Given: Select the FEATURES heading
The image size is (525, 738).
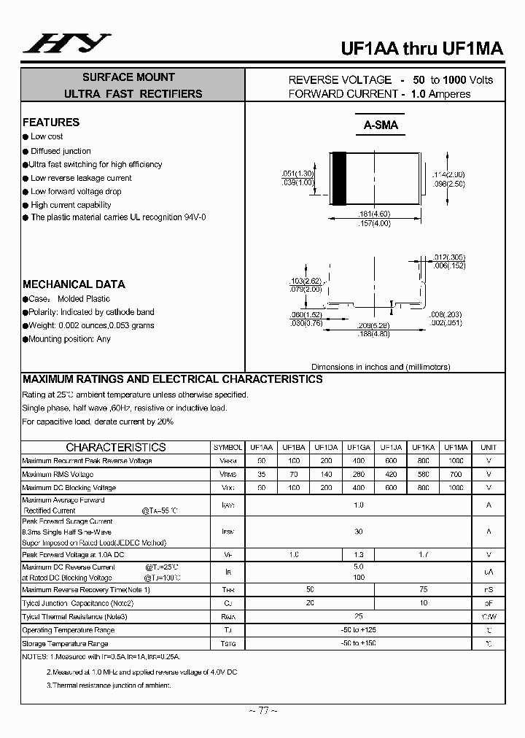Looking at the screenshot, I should (x=51, y=123).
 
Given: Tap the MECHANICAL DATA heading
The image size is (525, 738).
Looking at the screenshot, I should (x=74, y=284).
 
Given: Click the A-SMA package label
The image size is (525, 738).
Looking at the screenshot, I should (x=381, y=125).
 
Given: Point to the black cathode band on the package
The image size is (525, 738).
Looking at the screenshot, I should (x=338, y=179).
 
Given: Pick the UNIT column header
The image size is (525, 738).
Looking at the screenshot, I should (x=489, y=447).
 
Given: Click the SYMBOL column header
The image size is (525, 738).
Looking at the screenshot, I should (x=227, y=447).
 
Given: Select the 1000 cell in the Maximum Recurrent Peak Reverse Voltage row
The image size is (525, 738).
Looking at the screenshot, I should (x=456, y=461).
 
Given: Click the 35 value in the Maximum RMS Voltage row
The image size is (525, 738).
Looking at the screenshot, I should (x=262, y=474).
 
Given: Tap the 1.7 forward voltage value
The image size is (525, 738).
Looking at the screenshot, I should (x=423, y=554).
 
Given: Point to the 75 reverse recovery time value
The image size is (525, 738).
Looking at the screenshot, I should (x=423, y=589).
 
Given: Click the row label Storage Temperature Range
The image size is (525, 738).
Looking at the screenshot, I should (x=65, y=643).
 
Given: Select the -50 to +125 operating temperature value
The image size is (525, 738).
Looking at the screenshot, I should (x=358, y=629).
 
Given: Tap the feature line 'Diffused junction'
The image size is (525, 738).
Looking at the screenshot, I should (x=61, y=151).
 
